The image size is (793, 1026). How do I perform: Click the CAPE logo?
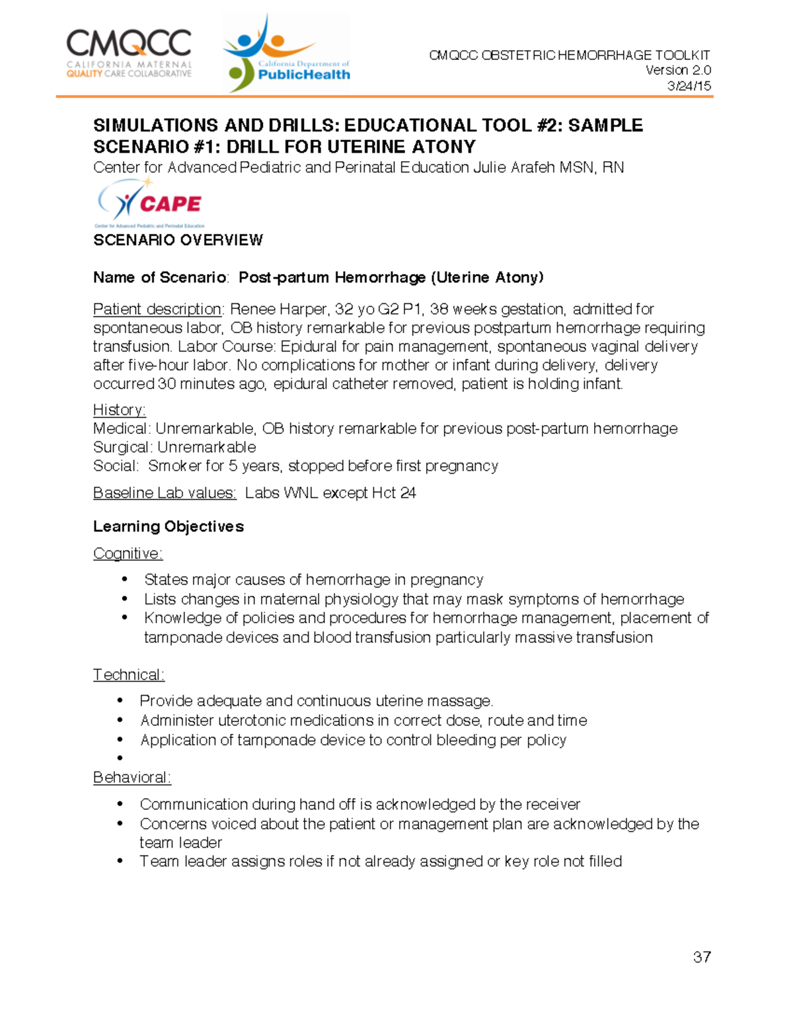click(x=150, y=203)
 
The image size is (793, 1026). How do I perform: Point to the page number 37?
click(x=702, y=957)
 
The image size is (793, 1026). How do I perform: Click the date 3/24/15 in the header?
click(x=689, y=86)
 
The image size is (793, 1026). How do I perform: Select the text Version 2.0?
click(x=678, y=70)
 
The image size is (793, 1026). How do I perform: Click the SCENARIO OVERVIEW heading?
click(x=178, y=240)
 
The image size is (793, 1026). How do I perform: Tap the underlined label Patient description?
click(x=157, y=309)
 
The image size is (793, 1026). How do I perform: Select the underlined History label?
click(x=119, y=410)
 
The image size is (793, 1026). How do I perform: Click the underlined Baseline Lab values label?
click(x=165, y=493)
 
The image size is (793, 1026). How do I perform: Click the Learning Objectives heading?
click(x=169, y=527)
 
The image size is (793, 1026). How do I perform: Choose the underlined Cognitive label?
click(x=128, y=553)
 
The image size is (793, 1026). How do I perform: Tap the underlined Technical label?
click(x=128, y=675)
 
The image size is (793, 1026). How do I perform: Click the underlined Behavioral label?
click(x=132, y=778)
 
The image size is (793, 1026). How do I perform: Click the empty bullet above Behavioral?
click(x=120, y=758)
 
